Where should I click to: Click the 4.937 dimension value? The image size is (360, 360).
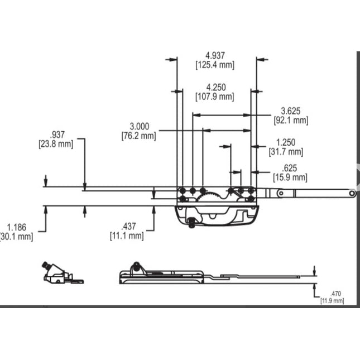pos(215,56)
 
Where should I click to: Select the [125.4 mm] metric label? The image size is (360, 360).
pos(215,65)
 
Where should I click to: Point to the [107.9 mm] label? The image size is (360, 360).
pos(215,97)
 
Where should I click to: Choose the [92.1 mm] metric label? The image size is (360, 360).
pos(291,120)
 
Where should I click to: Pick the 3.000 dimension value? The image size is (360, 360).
pos(139,126)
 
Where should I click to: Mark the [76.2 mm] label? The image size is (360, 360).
pos(139,135)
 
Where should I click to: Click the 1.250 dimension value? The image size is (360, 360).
pos(286,142)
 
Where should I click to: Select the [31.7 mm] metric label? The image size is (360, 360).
pos(286,152)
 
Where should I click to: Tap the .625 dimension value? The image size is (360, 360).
pos(290,168)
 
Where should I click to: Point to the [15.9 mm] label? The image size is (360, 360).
pos(290,177)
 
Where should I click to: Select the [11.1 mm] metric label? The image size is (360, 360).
pos(127,236)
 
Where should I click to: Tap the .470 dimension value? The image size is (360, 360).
pos(335,294)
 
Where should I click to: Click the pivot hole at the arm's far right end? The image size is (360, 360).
pos(352,193)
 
